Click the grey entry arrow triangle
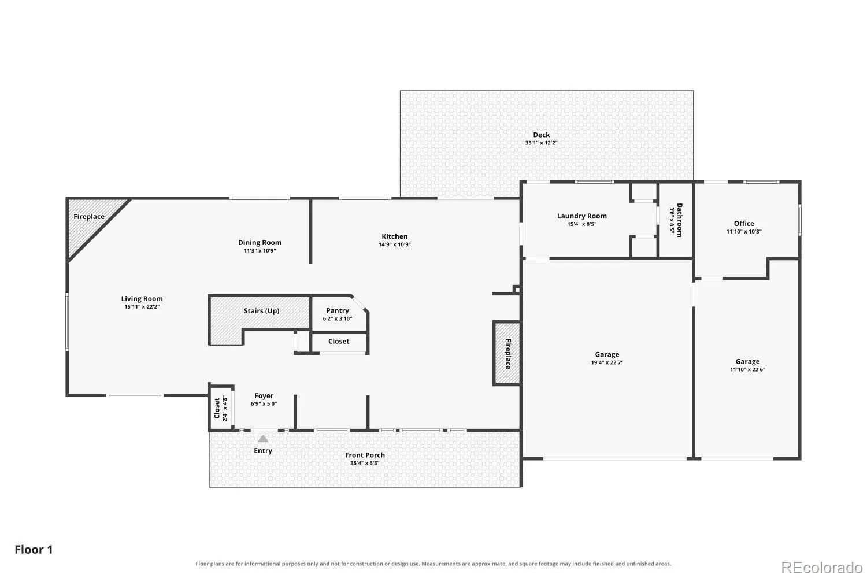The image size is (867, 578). click(263, 438)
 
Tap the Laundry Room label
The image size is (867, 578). click(581, 216)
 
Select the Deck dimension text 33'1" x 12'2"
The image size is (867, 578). click(541, 143)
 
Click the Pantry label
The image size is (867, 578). click(338, 310)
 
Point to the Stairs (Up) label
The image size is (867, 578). click(261, 311)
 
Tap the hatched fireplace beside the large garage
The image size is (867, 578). click(507, 354)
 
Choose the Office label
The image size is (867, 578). click(744, 223)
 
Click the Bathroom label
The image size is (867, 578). click(680, 220)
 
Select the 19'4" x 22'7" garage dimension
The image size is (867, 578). click(607, 363)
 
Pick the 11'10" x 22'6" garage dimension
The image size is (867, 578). click(747, 370)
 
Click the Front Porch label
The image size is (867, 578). click(365, 455)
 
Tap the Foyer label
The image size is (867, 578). click(264, 396)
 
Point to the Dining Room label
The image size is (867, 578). click(260, 243)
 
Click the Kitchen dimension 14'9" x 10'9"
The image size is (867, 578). click(394, 244)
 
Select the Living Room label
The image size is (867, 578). click(142, 299)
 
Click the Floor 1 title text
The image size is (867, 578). click(34, 550)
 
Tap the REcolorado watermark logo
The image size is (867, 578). click(822, 568)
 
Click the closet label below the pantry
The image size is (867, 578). click(339, 342)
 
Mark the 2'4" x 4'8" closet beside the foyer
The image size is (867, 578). click(221, 408)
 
